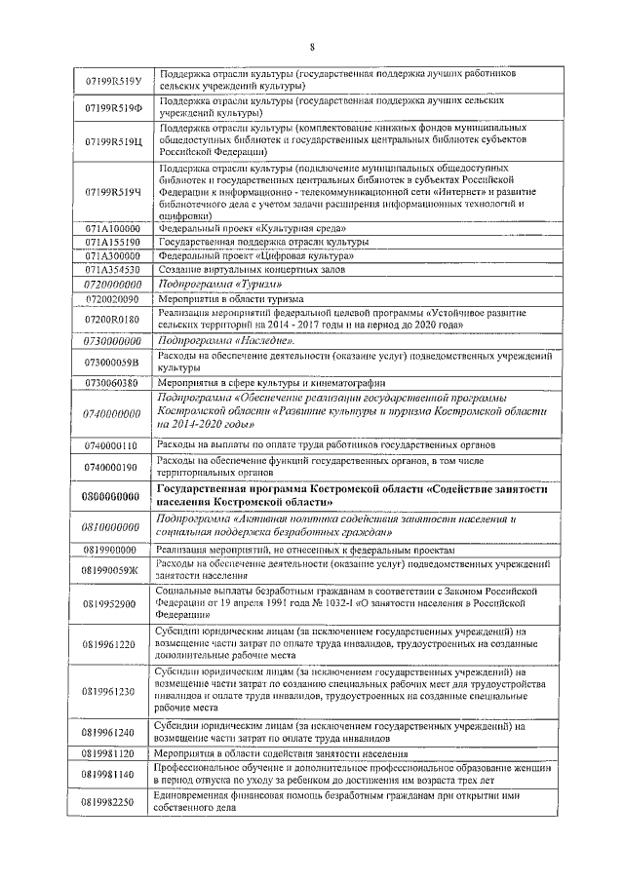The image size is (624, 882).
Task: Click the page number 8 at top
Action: point(312,46)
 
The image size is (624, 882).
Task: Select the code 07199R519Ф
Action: point(113,106)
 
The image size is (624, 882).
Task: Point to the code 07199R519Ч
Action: point(113,192)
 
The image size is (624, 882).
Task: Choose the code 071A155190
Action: point(113,241)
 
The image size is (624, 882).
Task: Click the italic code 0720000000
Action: point(113,284)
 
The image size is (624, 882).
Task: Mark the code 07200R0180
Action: point(113,319)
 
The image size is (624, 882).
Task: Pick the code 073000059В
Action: point(113,363)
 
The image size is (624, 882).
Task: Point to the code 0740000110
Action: point(113,445)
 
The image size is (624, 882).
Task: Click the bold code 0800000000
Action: point(113,496)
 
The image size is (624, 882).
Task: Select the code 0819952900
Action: point(113,603)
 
